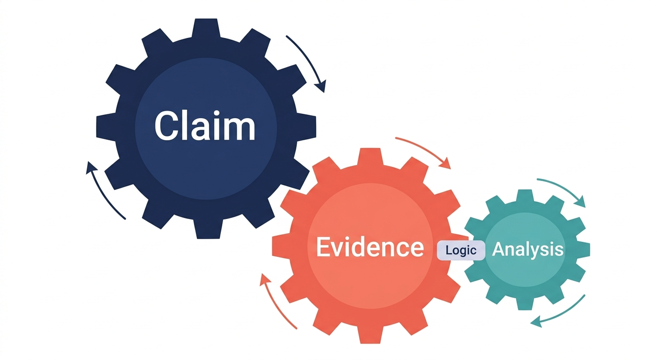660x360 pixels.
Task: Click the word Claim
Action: [x=205, y=126]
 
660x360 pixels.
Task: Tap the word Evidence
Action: [x=370, y=247]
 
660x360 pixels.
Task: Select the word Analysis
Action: [x=528, y=250]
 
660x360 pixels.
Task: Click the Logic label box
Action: [x=461, y=250]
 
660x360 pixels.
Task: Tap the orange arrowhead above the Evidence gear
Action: [x=445, y=163]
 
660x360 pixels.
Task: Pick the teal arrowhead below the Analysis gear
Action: [x=537, y=321]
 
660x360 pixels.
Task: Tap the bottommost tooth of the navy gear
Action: [x=208, y=229]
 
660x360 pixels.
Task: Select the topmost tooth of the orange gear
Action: [x=370, y=157]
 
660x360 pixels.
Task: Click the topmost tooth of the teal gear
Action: [x=525, y=195]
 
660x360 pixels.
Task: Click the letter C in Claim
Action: [x=166, y=126]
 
